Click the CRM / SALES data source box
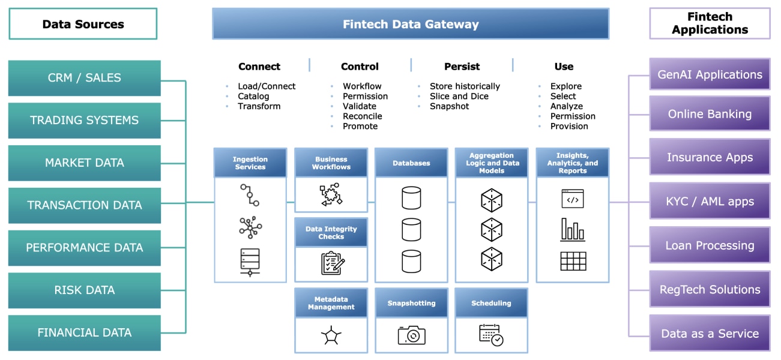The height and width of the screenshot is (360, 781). click(x=84, y=78)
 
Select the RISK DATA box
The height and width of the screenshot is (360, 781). click(x=84, y=290)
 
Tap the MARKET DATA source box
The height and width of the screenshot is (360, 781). click(x=84, y=163)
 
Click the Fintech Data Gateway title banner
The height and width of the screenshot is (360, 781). click(x=411, y=24)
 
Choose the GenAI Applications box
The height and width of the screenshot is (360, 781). click(x=710, y=74)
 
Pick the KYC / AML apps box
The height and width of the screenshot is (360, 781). click(x=710, y=202)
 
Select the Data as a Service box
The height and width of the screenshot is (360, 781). click(x=710, y=334)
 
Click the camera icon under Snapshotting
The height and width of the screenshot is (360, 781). click(x=411, y=335)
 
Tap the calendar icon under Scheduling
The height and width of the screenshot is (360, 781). click(x=491, y=335)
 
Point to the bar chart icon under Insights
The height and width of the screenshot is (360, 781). click(x=573, y=230)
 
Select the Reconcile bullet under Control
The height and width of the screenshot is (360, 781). click(x=362, y=116)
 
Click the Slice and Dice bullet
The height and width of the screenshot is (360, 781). click(x=459, y=96)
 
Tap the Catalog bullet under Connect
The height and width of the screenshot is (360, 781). click(x=253, y=96)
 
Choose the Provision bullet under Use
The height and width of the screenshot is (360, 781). click(x=569, y=127)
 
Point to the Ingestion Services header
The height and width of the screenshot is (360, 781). click(x=250, y=163)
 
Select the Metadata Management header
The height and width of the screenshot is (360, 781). click(x=331, y=303)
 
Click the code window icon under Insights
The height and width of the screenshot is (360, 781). click(x=573, y=199)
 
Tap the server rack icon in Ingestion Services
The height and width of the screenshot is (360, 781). click(x=250, y=262)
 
